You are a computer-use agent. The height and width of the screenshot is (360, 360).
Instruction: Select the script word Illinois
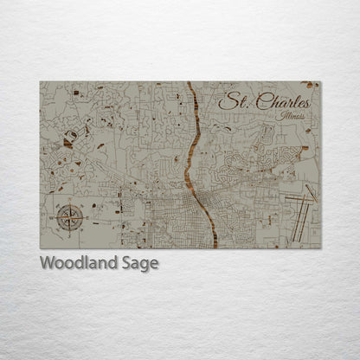coord(292,115)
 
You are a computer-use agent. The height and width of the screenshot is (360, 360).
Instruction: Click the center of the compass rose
coord(67,216)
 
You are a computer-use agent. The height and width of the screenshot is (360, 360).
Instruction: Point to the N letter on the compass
coord(67,201)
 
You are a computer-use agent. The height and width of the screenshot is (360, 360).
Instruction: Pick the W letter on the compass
coord(53,216)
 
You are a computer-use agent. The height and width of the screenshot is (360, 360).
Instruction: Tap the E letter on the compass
coord(83,216)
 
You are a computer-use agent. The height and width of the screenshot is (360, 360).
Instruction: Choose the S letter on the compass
coord(67,232)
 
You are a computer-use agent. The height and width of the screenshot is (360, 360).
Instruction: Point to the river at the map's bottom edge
coord(210,247)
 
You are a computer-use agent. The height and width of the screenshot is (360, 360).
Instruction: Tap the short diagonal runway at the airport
coord(311,192)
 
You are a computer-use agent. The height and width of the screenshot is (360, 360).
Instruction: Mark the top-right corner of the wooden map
coord(320,82)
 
